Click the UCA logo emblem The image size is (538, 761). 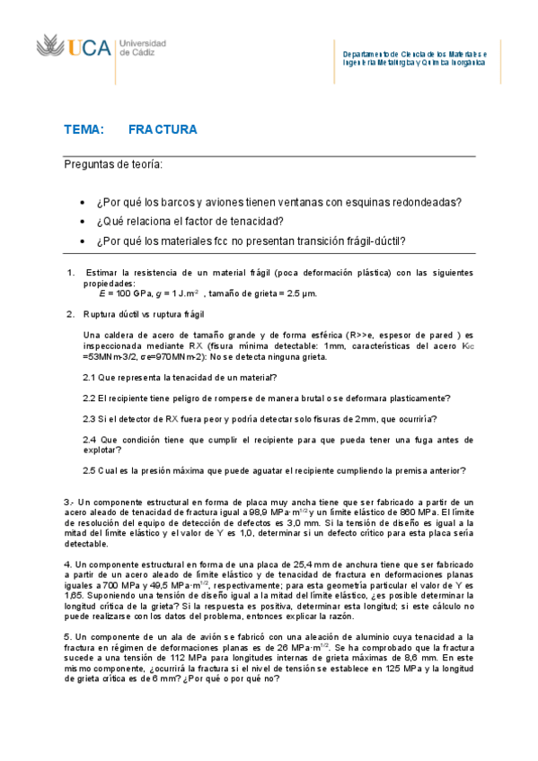coord(50,47)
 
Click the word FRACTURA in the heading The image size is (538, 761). coord(163,130)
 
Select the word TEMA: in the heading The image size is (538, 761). coord(84,130)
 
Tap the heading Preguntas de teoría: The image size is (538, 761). coord(113,164)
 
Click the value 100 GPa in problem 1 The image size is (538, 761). coord(132,293)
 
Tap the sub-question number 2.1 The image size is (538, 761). coord(89,378)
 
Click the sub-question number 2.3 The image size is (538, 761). coord(89,419)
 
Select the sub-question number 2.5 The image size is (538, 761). coord(89,470)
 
